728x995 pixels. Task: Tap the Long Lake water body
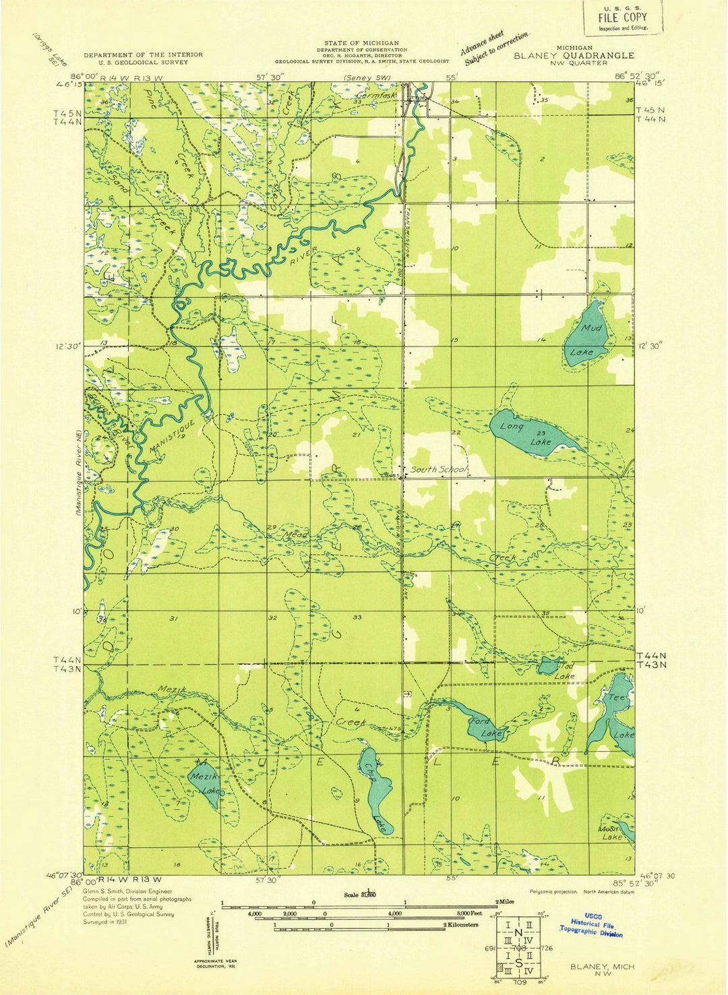tap(529, 431)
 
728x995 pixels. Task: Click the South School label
tap(439, 469)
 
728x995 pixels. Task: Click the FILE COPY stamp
tap(622, 17)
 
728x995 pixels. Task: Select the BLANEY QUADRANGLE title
tap(574, 55)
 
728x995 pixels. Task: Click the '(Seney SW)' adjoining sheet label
tap(367, 78)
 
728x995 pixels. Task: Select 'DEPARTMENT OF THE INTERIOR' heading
tap(143, 55)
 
